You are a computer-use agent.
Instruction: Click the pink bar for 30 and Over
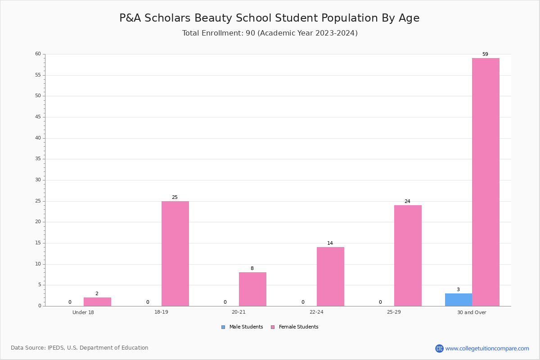[486, 182]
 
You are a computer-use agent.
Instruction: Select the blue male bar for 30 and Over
[459, 300]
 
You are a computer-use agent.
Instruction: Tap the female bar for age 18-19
[175, 254]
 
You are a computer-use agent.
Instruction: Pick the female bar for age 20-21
[252, 289]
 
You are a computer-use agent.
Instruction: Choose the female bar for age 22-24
[330, 277]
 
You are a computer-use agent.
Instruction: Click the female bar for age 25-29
[408, 256]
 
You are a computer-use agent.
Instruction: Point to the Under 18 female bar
[97, 302]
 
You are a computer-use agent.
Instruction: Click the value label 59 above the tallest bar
[485, 54]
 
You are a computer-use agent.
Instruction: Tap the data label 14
[330, 243]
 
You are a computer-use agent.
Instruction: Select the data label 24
[407, 201]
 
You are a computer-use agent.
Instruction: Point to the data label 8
[252, 268]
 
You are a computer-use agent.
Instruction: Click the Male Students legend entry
[242, 327]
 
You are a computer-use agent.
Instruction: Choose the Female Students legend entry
[295, 327]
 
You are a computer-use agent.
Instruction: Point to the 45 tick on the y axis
[38, 117]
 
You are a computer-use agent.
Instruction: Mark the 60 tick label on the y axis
[38, 54]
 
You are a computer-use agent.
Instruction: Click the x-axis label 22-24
[316, 312]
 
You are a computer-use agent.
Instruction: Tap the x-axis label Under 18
[83, 312]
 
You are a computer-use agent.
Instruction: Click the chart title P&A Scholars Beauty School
[270, 18]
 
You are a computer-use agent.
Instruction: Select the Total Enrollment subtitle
[270, 33]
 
